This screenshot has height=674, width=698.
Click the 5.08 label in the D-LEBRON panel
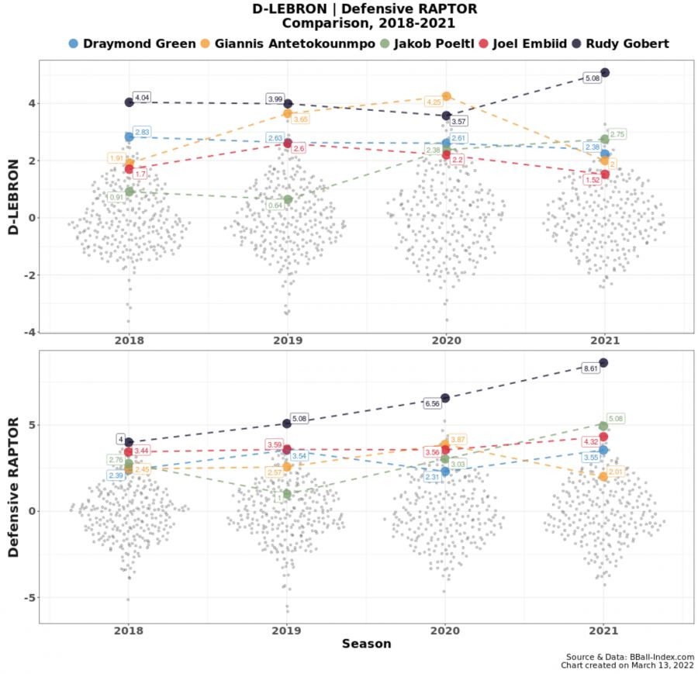593,78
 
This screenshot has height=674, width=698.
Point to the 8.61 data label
591,368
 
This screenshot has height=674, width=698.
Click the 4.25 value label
434,102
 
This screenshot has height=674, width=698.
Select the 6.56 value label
433,403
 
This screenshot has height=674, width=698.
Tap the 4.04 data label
142,98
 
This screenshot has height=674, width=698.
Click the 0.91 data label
116,197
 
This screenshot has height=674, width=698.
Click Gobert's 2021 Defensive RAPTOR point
603,362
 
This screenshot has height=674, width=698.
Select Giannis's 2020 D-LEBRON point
446,96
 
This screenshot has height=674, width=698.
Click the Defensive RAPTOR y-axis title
13,486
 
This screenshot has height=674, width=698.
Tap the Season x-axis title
366,644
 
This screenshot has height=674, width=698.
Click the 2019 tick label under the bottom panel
286,631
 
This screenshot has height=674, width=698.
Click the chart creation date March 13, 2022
659,665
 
